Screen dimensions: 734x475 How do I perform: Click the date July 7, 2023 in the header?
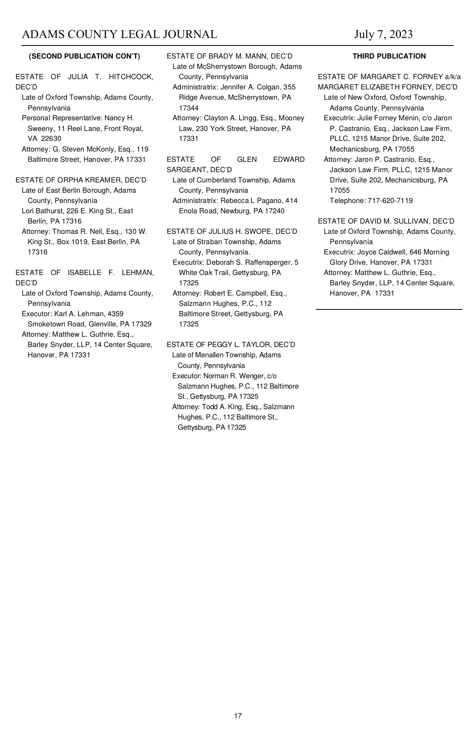(x=383, y=34)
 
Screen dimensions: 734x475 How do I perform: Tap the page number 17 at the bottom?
(x=238, y=715)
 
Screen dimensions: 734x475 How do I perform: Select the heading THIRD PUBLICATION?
(x=389, y=56)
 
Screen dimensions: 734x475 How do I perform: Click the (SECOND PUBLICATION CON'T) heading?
(x=85, y=56)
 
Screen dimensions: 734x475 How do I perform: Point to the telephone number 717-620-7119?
(x=390, y=201)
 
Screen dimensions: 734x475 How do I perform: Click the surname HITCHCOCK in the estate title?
(x=131, y=77)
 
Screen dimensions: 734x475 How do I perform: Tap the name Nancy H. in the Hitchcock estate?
(x=119, y=118)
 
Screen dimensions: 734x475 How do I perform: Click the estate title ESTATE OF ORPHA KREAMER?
(x=81, y=180)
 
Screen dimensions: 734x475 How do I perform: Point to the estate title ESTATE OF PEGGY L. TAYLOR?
(x=231, y=345)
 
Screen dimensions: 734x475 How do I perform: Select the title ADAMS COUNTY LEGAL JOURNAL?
(x=120, y=34)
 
